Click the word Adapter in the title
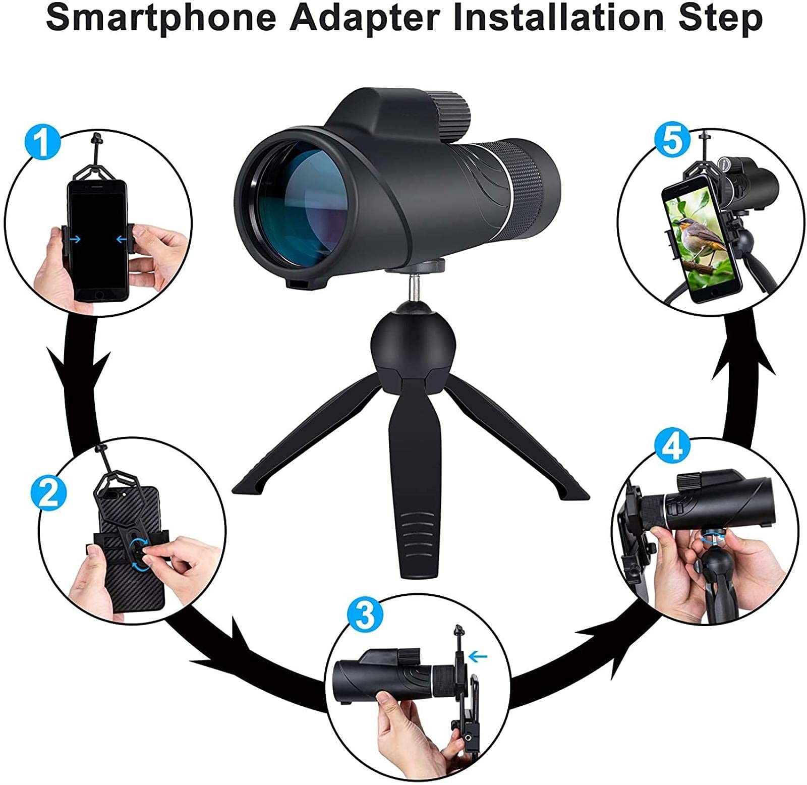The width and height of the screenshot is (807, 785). pyautogui.click(x=365, y=19)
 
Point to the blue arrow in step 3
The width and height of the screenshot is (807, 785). pyautogui.click(x=478, y=656)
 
